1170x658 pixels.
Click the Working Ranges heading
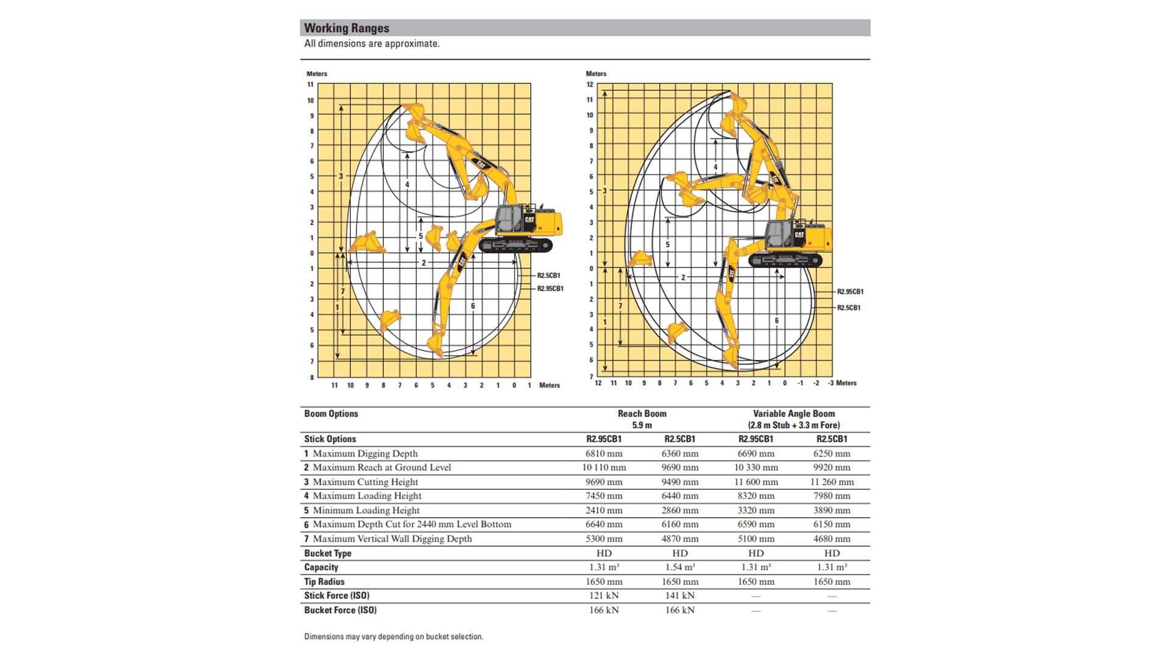(346, 28)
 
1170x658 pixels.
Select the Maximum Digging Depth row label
(364, 453)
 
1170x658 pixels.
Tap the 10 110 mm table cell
(603, 467)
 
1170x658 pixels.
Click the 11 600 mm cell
(756, 482)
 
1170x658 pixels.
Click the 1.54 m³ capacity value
(679, 567)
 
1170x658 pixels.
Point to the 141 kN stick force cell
(679, 596)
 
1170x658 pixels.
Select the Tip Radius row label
(324, 582)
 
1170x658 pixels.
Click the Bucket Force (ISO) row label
(340, 610)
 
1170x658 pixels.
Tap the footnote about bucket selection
(394, 637)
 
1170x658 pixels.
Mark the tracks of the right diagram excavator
(785, 261)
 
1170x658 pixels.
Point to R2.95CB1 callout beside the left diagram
(550, 289)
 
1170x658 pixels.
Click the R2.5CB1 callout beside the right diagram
(848, 308)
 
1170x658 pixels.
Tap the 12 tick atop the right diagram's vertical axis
(589, 85)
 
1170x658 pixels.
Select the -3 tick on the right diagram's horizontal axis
(831, 383)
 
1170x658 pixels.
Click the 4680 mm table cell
(831, 539)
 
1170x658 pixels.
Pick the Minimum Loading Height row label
(366, 511)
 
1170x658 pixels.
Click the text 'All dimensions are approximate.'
(372, 44)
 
